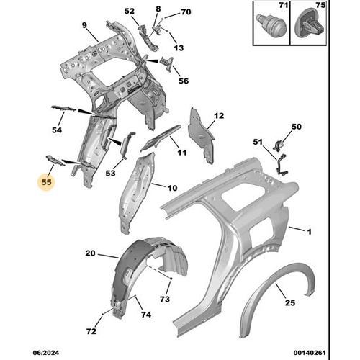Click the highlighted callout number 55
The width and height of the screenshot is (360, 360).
[46, 182]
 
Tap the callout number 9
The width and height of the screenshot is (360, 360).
[84, 25]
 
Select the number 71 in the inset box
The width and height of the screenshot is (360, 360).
[283, 5]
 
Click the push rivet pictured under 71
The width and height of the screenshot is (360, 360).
[271, 24]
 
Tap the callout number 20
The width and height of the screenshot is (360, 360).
[90, 253]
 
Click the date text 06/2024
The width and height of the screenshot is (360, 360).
[46, 353]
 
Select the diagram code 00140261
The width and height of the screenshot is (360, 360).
[310, 353]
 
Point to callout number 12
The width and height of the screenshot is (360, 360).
[219, 116]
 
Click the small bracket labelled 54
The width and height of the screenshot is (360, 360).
[63, 109]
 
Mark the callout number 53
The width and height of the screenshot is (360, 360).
[110, 173]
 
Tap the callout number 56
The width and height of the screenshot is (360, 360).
[184, 81]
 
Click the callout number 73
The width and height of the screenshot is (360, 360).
[165, 299]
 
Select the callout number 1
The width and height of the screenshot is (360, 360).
[310, 232]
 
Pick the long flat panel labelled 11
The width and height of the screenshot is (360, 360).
[161, 138]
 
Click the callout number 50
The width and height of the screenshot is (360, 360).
[297, 127]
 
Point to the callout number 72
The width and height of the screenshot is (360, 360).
[91, 331]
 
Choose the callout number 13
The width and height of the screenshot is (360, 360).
[179, 48]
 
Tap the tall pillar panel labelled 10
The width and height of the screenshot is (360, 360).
[136, 193]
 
